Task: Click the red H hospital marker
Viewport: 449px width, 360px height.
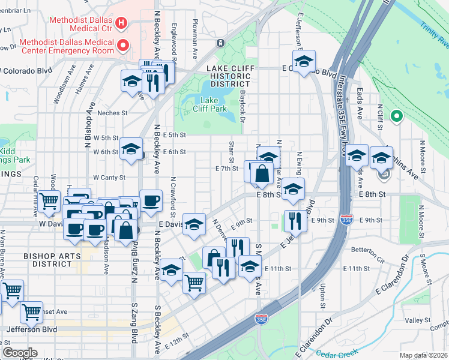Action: point(122,23)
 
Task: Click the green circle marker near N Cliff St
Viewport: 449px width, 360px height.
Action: point(396,116)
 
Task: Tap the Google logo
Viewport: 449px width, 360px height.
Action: point(19,353)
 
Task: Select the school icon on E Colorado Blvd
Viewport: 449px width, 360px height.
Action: point(304,61)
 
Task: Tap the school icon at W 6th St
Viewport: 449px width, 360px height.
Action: point(131,149)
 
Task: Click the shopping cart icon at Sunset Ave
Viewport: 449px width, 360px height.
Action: point(31,311)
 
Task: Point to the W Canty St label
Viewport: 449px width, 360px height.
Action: point(109,178)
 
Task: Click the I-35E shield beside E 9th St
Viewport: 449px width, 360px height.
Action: point(346,220)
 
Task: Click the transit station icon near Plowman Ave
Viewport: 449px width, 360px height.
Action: point(220,43)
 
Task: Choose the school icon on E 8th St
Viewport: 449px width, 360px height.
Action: point(293,188)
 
